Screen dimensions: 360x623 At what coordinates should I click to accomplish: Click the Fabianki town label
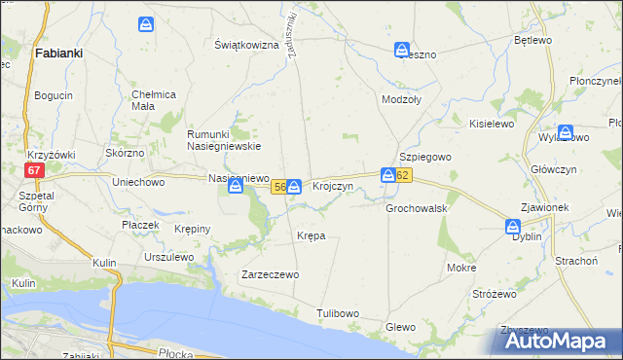(x=57, y=54)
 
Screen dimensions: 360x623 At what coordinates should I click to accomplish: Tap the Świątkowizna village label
(x=247, y=45)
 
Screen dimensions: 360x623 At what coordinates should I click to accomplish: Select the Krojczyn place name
(x=332, y=186)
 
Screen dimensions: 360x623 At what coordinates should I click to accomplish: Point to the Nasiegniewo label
(x=238, y=178)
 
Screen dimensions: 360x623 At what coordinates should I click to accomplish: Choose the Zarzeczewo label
(x=270, y=275)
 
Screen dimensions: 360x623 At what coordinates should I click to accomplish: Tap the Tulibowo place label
(x=338, y=313)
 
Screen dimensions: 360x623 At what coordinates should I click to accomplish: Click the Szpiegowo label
(x=422, y=157)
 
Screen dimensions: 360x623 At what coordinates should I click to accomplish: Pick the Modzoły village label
(x=403, y=100)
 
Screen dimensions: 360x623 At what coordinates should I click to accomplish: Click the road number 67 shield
(x=35, y=169)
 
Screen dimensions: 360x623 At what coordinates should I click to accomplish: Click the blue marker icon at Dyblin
(x=513, y=227)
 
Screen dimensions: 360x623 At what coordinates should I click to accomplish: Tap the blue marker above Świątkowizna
(x=146, y=23)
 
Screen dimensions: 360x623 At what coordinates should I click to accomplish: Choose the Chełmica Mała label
(x=152, y=99)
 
